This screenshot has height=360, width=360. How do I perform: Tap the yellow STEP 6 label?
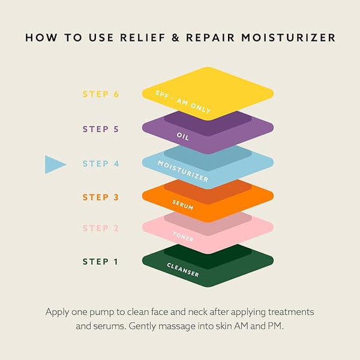101,94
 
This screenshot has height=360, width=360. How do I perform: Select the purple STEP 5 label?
101,129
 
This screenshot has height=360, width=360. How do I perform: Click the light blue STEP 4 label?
101,164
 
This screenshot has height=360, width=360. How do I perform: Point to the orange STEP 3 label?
101,197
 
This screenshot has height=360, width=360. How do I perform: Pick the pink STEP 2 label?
101,228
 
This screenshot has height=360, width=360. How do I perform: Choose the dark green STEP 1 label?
100,262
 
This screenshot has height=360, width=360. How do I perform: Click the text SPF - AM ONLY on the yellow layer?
183,102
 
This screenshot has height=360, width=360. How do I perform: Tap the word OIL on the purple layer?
183,136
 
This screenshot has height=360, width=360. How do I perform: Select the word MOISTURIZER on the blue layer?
183,171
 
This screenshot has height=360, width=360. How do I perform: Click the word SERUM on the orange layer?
183,205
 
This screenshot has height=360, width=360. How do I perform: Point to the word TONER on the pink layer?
183,237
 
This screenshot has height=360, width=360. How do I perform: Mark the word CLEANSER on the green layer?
183,270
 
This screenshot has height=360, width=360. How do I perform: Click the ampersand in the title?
175,38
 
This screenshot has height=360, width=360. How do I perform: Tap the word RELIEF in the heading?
143,38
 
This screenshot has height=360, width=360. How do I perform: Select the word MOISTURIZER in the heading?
289,38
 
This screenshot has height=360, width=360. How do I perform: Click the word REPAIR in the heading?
211,38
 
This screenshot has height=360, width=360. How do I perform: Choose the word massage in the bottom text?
177,326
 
